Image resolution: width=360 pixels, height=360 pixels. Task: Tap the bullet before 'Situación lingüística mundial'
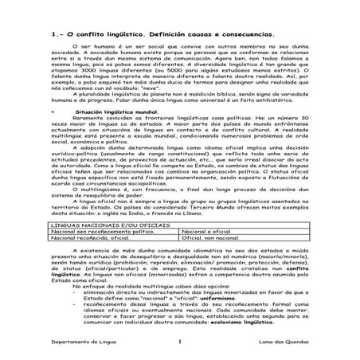[x=53, y=113]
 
